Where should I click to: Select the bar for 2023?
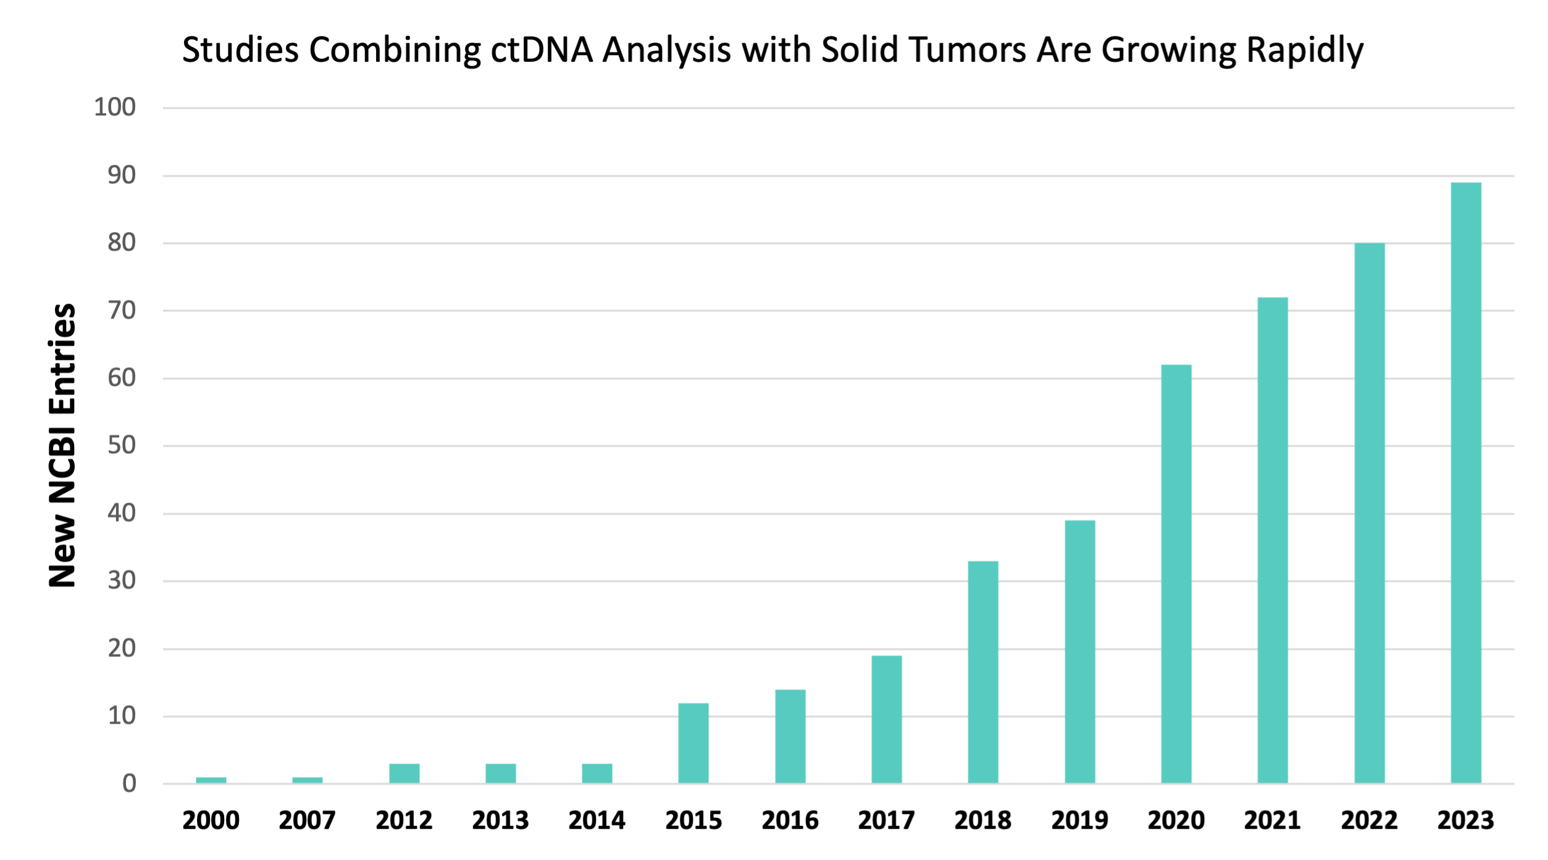(1466, 483)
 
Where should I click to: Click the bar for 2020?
(1176, 574)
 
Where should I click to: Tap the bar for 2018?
(983, 672)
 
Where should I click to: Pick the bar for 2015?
(693, 743)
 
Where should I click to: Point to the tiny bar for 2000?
(211, 780)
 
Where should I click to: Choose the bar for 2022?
(1370, 513)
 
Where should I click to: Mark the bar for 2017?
(887, 719)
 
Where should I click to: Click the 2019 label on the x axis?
(1079, 820)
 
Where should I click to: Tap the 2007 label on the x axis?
(308, 820)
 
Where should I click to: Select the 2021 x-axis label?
(1273, 820)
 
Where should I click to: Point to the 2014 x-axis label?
(597, 820)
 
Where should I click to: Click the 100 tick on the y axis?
(115, 107)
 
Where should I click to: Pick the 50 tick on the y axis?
(122, 445)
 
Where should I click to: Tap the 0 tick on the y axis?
(129, 783)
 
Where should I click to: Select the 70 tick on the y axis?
(122, 310)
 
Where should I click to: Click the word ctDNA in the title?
(542, 49)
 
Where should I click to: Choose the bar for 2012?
(404, 774)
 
